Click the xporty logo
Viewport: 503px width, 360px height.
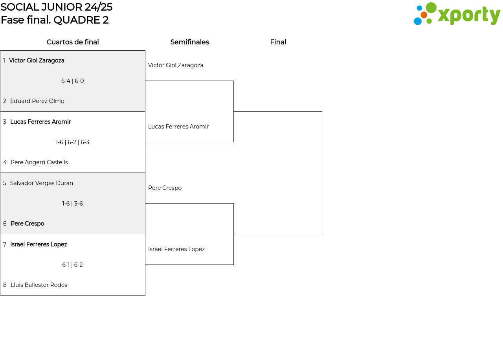coord(457,14)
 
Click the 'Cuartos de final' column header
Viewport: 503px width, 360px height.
coord(73,42)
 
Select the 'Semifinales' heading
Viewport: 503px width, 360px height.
coord(189,42)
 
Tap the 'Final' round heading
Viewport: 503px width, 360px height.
coord(278,42)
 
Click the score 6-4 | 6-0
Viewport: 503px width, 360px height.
coord(73,81)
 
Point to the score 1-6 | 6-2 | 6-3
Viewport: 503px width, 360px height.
coord(73,142)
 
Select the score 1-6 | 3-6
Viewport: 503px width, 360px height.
coord(73,204)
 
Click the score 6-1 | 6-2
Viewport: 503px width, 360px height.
coord(73,265)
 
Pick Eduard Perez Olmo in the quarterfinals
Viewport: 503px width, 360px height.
coord(37,101)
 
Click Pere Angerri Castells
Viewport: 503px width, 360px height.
coord(39,162)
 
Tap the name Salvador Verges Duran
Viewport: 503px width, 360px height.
coord(42,183)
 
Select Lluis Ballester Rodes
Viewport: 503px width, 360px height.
coord(39,285)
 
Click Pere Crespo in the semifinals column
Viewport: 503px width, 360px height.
coord(165,188)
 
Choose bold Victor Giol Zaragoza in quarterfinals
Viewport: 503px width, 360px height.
coord(37,61)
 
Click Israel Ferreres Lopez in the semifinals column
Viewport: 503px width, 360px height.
coord(176,249)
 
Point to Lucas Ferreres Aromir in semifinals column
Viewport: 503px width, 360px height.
coord(178,127)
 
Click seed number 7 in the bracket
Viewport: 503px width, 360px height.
coord(5,244)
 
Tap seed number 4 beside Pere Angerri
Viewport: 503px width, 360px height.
coord(5,162)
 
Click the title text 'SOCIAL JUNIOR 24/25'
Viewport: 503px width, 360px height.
coord(56,7)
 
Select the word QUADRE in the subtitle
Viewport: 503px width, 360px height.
coord(77,20)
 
